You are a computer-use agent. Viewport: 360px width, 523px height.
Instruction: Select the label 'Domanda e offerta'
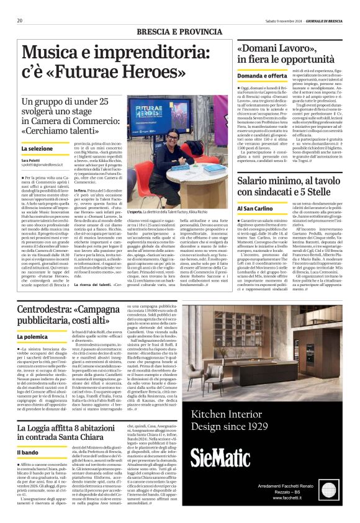263,75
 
